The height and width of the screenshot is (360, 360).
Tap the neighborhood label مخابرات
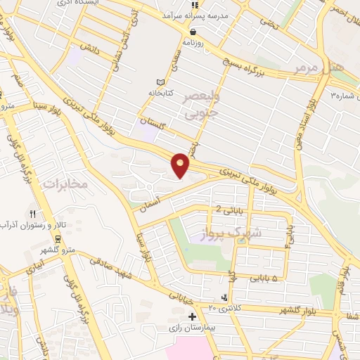tap(65, 184)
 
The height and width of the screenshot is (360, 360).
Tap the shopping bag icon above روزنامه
tap(192, 31)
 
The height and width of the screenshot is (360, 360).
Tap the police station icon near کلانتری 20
tap(224, 297)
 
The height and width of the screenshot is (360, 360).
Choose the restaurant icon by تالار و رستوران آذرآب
tap(32, 214)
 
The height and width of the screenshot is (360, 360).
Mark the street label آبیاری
tap(35, 268)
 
